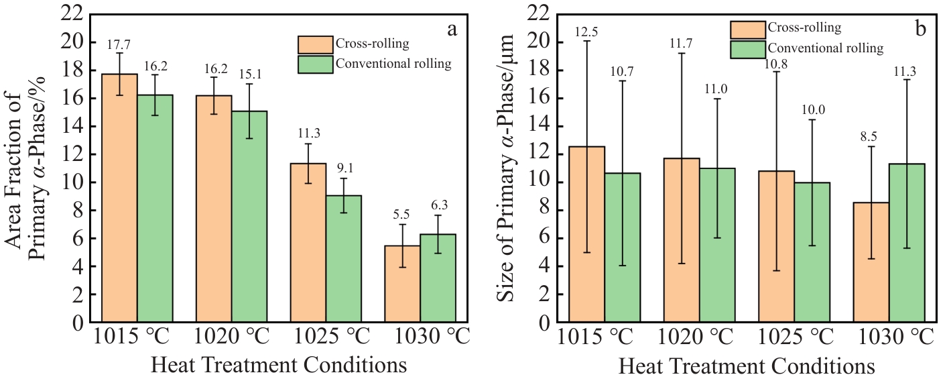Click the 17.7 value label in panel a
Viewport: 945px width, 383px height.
tap(119, 44)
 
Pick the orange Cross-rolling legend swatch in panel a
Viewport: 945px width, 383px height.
tap(315, 44)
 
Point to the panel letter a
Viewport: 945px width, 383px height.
tap(452, 30)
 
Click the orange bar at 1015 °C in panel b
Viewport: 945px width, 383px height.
tap(586, 234)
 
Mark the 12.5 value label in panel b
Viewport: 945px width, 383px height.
tap(586, 32)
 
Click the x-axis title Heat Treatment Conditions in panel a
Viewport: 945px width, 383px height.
tap(279, 366)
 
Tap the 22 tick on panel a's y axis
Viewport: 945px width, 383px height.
tap(75, 14)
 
